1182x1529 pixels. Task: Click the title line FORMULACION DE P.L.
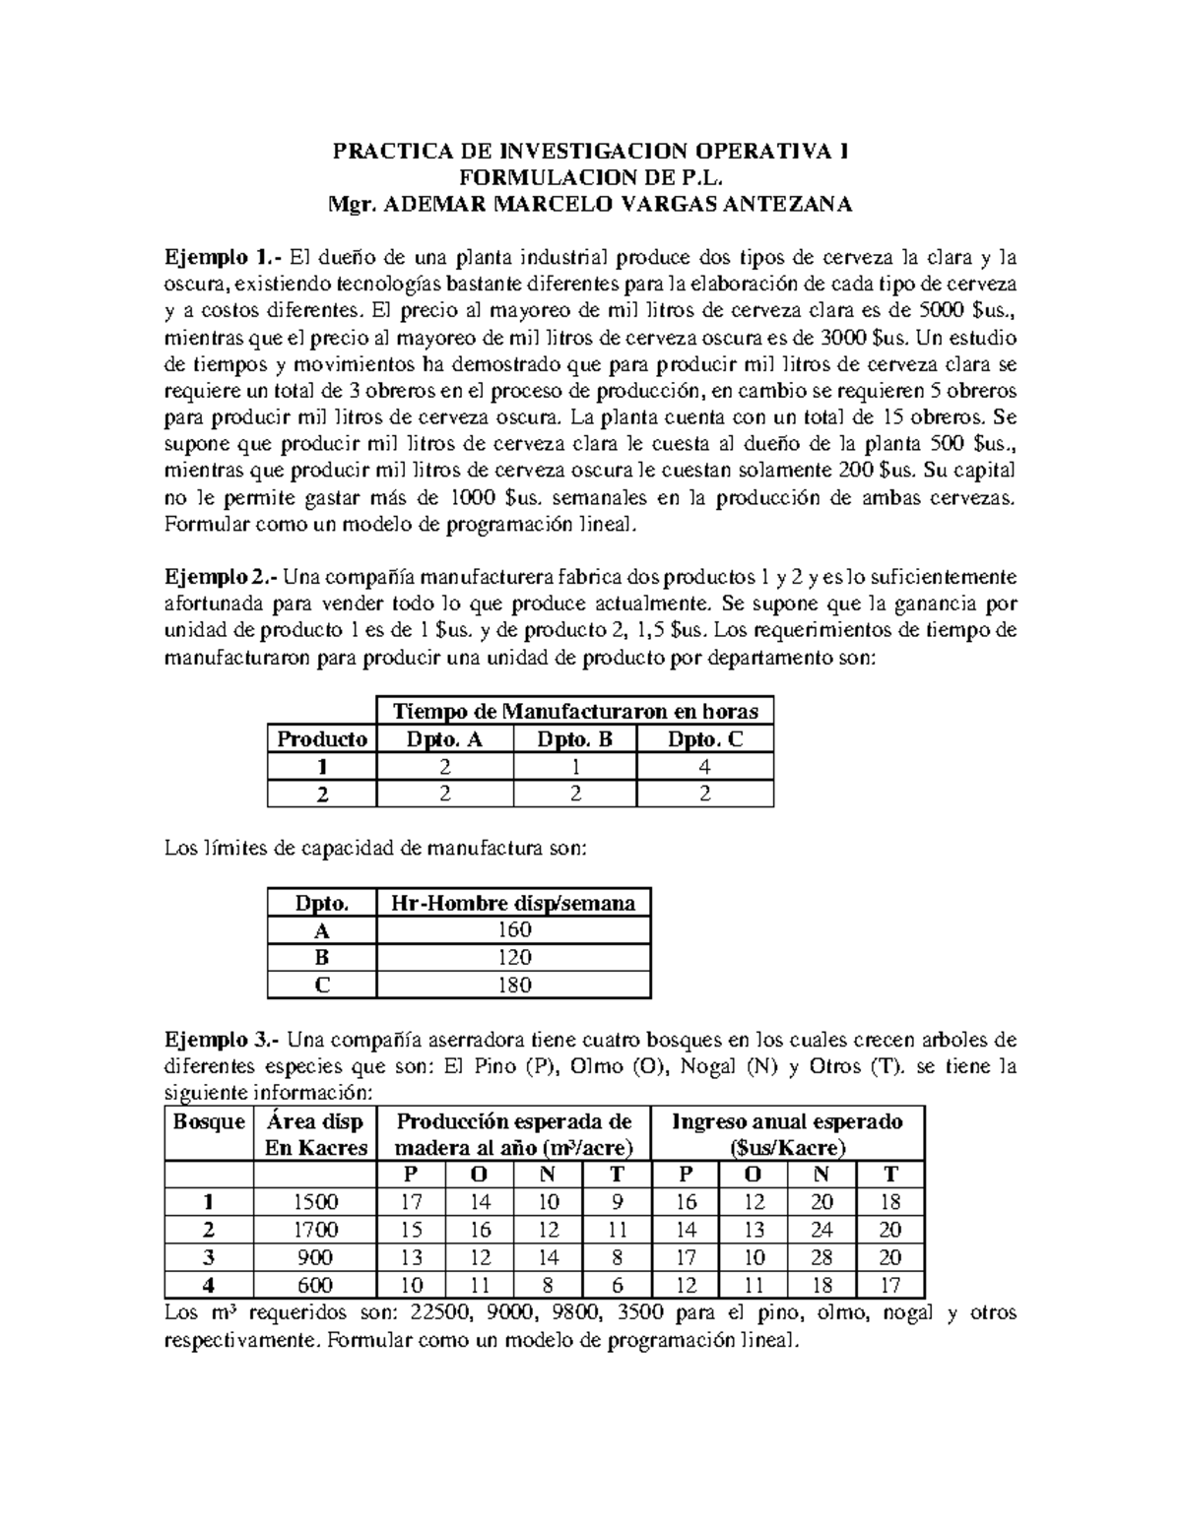coord(591,178)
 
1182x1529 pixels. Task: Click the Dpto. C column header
coord(705,739)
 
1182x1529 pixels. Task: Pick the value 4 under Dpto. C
coord(705,767)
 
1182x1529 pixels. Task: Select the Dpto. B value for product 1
coord(575,767)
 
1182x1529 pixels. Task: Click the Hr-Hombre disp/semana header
coord(513,902)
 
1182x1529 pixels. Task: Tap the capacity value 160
coord(513,929)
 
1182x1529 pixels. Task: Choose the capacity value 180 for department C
coord(513,985)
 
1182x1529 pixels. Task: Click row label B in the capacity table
coord(321,957)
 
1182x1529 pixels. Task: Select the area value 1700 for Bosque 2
coord(316,1230)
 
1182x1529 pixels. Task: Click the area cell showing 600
coord(316,1285)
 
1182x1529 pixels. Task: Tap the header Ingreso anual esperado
coord(787,1121)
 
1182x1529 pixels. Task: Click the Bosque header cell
coord(209,1121)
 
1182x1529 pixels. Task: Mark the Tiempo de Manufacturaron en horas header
coord(575,711)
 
